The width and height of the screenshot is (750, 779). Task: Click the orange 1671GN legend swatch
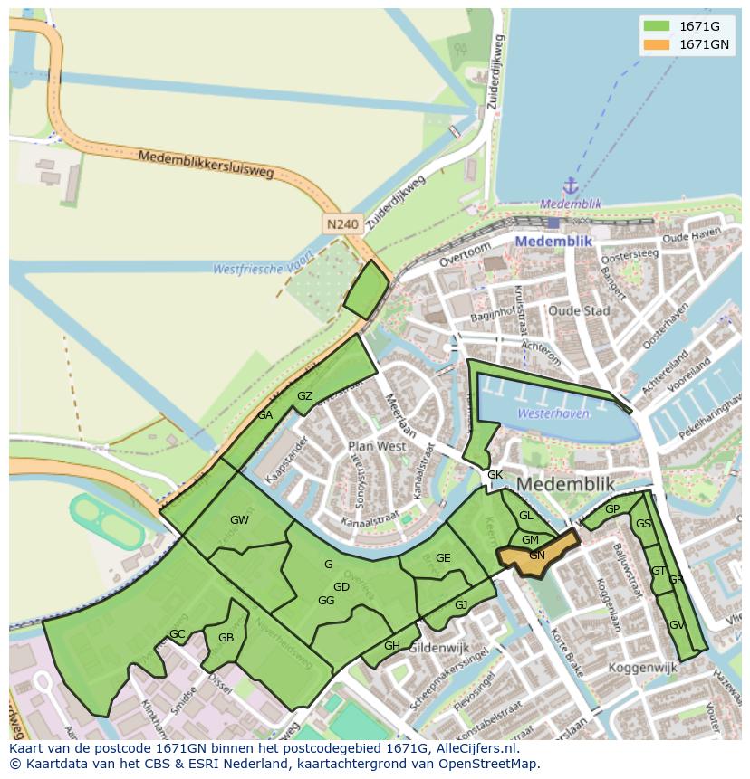(657, 45)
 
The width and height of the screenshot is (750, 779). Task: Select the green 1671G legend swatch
(657, 26)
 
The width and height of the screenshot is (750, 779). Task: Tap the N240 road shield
(343, 223)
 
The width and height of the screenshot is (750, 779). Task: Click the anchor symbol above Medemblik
(571, 186)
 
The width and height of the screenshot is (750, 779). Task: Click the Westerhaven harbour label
(553, 413)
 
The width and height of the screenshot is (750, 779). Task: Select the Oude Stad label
(579, 310)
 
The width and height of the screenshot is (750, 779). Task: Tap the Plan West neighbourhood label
(377, 446)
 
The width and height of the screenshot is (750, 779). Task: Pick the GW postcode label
(239, 520)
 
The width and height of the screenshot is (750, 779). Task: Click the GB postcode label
(226, 637)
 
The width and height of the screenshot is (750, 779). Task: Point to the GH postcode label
(392, 645)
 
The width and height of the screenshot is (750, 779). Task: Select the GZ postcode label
(305, 396)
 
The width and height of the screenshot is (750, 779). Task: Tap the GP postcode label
(612, 509)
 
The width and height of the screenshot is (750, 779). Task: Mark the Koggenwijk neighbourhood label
(645, 667)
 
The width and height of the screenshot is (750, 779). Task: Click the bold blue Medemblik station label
(553, 242)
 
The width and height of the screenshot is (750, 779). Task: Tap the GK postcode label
(495, 475)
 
